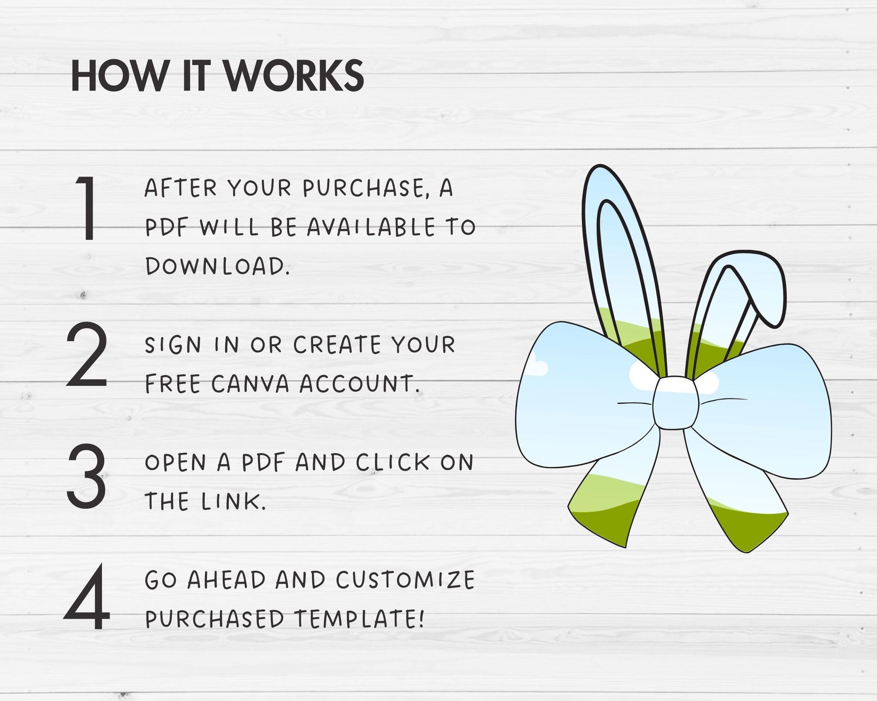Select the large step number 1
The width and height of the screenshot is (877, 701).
pyautogui.click(x=87, y=208)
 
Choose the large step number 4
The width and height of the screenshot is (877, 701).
pyautogui.click(x=87, y=596)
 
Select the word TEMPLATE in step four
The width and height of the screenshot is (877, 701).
pyautogui.click(x=360, y=619)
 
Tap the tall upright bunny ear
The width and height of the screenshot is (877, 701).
pyautogui.click(x=621, y=266)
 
